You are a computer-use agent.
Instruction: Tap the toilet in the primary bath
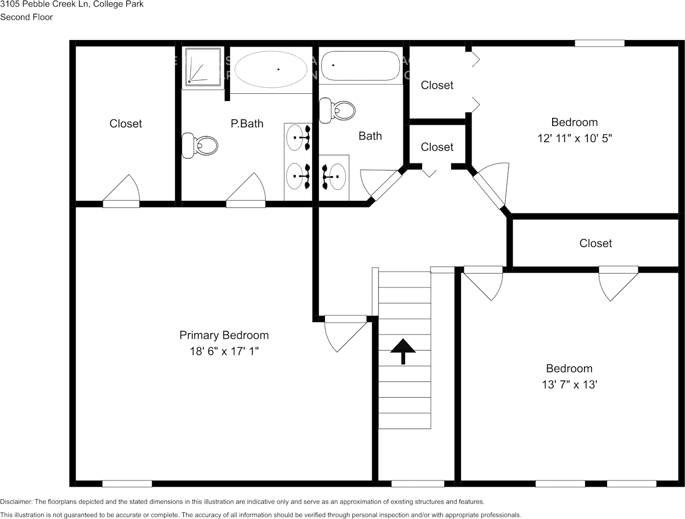[x=200, y=145]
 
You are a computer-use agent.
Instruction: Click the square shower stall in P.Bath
[x=203, y=66]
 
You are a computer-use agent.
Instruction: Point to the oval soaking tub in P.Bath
[x=271, y=69]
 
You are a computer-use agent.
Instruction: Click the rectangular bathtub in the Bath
[x=360, y=66]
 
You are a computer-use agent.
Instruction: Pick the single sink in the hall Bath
[x=334, y=177]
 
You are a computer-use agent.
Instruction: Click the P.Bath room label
[x=247, y=123]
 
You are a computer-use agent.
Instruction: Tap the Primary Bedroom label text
[x=224, y=335]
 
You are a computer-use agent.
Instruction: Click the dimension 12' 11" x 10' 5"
[x=574, y=139]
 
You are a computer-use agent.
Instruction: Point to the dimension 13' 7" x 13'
[x=569, y=385]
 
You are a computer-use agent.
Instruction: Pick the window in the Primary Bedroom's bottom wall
[x=127, y=483]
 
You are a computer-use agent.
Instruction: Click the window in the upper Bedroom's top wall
[x=599, y=43]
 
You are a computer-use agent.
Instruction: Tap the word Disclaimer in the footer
[x=16, y=501]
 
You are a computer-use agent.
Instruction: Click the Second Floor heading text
[x=26, y=17]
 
